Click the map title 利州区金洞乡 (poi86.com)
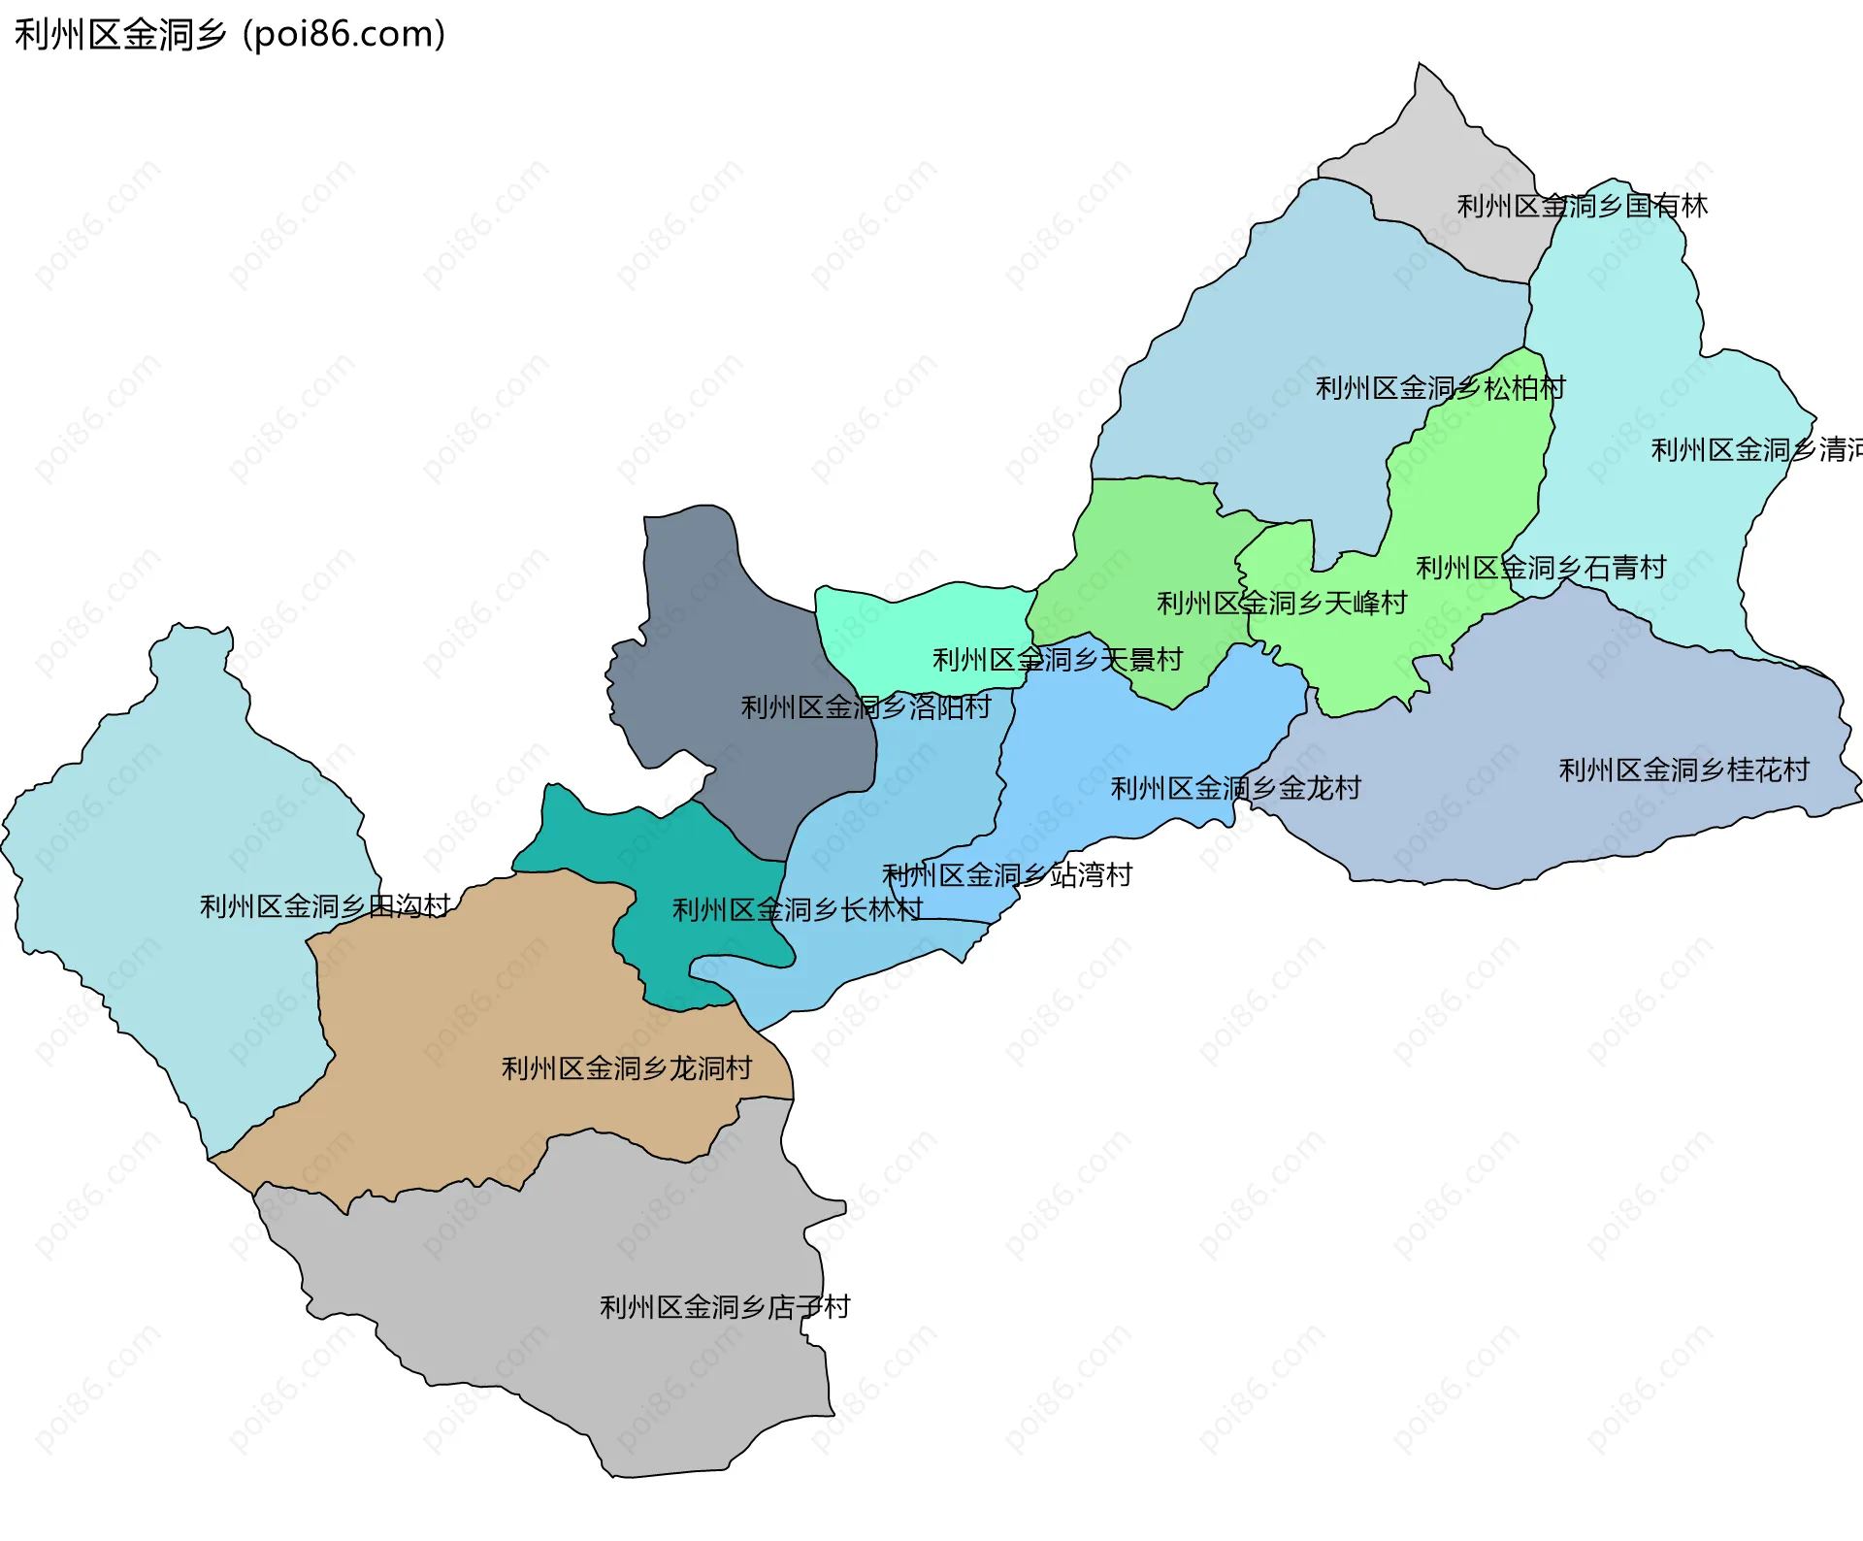pos(230,35)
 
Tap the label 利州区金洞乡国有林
pos(1582,206)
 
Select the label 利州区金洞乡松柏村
pos(1440,388)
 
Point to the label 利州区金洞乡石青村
pos(1541,568)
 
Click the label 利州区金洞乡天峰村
pos(1282,604)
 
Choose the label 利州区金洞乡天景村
pos(1058,660)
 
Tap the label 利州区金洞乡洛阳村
pos(866,707)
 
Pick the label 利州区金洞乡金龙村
pos(1235,788)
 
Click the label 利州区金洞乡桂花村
pos(1683,770)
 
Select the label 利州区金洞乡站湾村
pos(1007,875)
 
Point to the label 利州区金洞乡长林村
pos(798,910)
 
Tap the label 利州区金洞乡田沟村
pos(325,906)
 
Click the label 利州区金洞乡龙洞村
pos(627,1068)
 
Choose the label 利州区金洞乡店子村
pos(725,1307)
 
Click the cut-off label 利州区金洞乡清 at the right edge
pos(1756,450)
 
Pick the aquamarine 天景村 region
pos(922,621)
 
